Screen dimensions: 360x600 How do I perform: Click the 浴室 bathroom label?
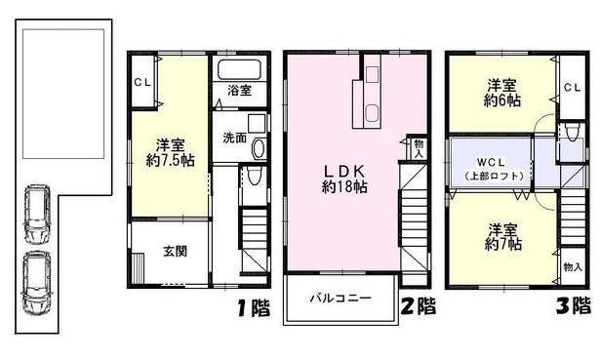pyautogui.click(x=240, y=91)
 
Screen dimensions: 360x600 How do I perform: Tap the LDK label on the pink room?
pyautogui.click(x=343, y=169)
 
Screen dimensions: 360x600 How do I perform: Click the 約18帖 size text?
pyautogui.click(x=344, y=186)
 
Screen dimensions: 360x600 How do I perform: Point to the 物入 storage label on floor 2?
pyautogui.click(x=419, y=148)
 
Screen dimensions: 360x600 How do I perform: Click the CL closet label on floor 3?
pyautogui.click(x=572, y=87)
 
